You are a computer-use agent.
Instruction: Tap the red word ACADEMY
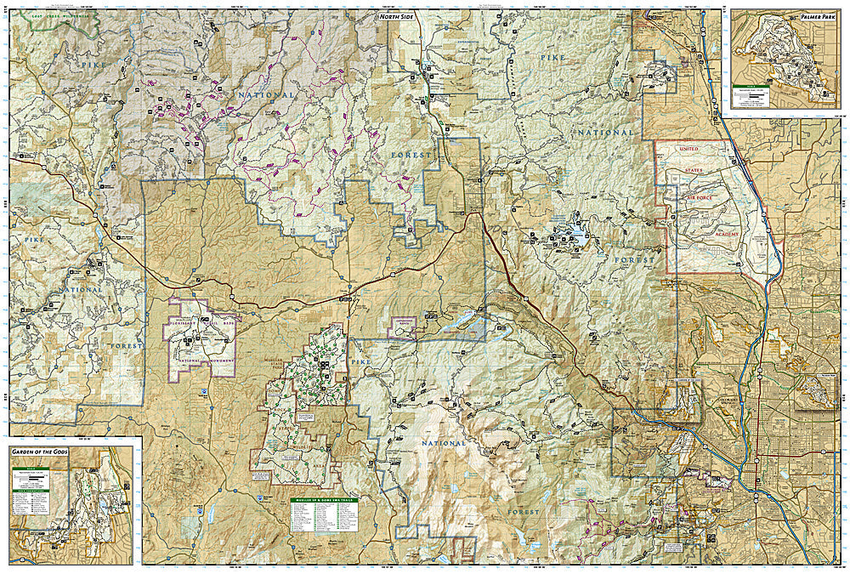pyautogui.click(x=727, y=233)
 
